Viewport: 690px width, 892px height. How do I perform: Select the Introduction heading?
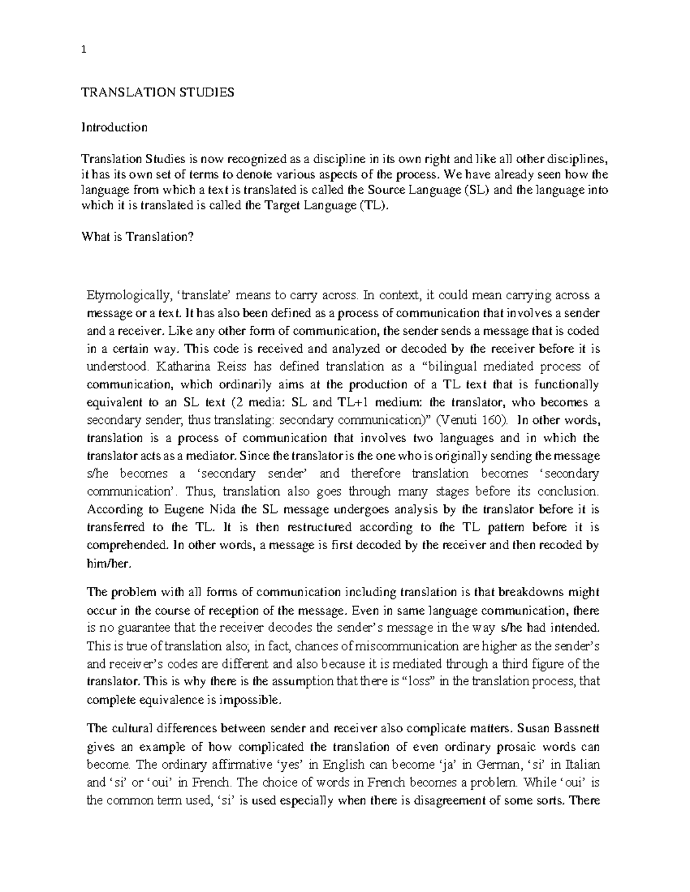coord(114,128)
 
